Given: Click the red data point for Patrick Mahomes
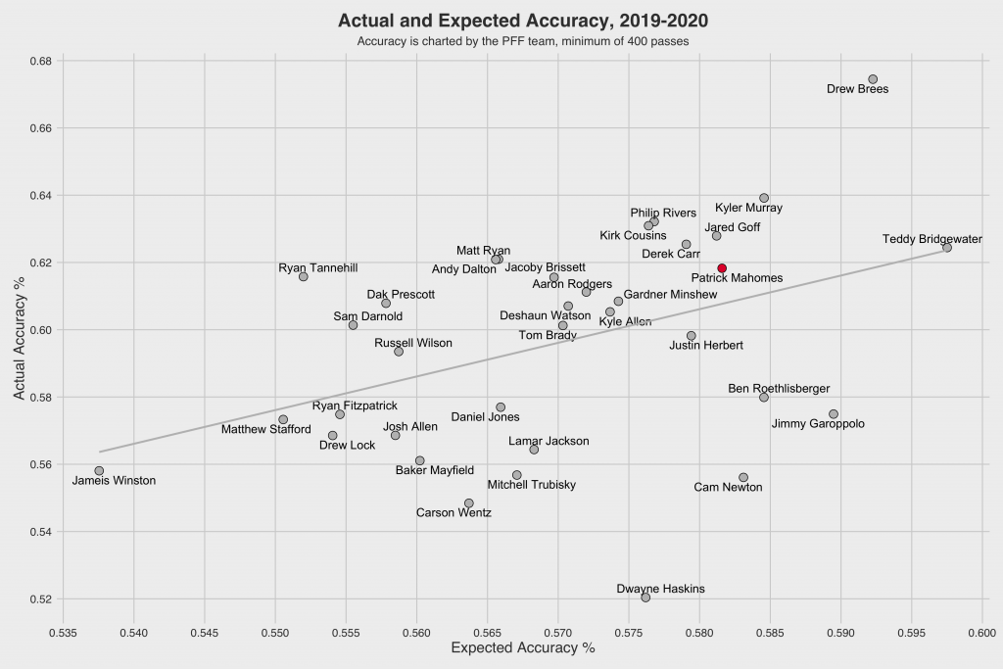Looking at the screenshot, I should (x=722, y=268).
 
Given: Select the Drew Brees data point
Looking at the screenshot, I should (x=873, y=79).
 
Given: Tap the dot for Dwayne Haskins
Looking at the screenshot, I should (x=645, y=597).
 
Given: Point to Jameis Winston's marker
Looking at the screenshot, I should (x=99, y=471).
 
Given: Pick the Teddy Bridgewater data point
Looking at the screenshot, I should (x=947, y=248).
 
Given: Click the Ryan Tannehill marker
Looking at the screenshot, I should (x=304, y=277).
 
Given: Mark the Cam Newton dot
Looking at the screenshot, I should (x=743, y=477).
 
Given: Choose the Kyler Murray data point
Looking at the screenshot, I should (x=764, y=198).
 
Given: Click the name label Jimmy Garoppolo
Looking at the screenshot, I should (x=818, y=424).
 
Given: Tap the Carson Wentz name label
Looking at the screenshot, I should (x=454, y=512).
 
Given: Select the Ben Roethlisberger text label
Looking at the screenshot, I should (x=779, y=389).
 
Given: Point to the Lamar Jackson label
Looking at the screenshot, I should (x=549, y=442).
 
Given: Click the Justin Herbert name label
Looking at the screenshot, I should (x=706, y=345).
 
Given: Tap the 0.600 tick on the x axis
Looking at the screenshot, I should (x=981, y=632).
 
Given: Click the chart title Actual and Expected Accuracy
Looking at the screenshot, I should (x=522, y=21).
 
